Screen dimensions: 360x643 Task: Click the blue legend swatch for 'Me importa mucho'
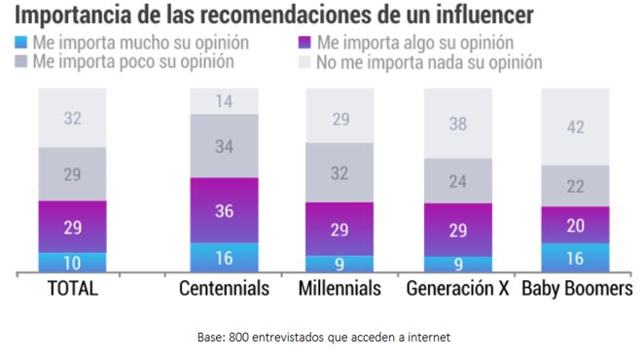tap(21, 44)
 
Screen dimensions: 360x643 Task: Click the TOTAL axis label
tap(72, 290)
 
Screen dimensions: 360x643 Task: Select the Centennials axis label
tap(225, 290)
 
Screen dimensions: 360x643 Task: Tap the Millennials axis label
tap(339, 290)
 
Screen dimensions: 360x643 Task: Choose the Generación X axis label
tap(456, 290)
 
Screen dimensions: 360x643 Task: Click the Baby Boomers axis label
tap(577, 290)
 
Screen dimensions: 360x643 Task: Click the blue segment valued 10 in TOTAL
tap(72, 262)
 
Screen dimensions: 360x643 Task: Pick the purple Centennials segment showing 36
tap(224, 210)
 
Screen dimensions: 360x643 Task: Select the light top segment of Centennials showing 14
tap(224, 100)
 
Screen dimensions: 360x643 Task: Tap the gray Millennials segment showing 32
tap(339, 172)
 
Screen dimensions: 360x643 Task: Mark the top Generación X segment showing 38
tap(457, 125)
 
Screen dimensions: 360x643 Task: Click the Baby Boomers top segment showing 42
tap(575, 126)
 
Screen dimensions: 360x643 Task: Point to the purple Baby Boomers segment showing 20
tap(575, 225)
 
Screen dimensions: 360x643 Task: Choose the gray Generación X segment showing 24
tap(457, 180)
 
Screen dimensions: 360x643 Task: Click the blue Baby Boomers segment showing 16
tap(575, 258)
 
